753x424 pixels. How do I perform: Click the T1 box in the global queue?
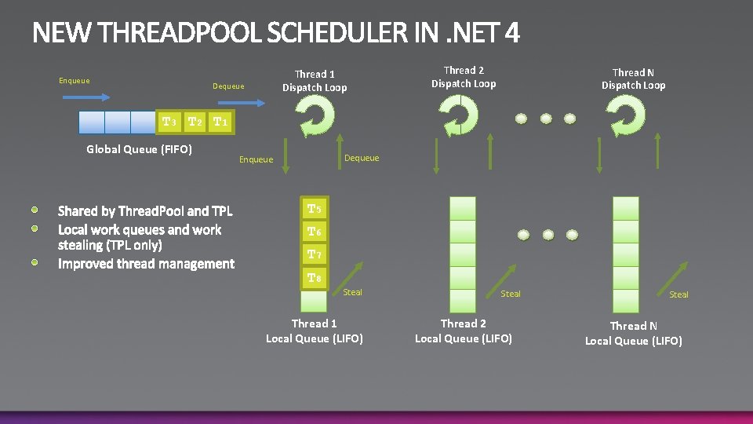[x=221, y=122]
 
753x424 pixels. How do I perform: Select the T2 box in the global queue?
[x=195, y=122]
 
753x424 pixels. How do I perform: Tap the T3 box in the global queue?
[x=169, y=122]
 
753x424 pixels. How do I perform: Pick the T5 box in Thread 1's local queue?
[x=314, y=209]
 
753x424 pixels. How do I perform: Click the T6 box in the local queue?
[x=314, y=232]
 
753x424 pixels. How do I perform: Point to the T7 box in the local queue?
[x=314, y=254]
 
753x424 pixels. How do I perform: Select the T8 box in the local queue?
[x=314, y=277]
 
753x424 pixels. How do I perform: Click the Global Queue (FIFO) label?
[x=139, y=149]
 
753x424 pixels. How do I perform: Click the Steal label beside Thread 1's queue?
[x=353, y=292]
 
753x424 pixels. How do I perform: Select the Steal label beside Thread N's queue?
[x=678, y=294]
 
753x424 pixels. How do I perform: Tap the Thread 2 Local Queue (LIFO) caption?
[x=463, y=331]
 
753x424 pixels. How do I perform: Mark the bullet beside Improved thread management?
[x=36, y=261]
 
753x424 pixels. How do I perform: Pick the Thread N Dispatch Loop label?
[x=633, y=79]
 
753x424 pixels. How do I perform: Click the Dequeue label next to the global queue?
[x=228, y=86]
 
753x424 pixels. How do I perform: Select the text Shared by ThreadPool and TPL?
[x=145, y=211]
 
